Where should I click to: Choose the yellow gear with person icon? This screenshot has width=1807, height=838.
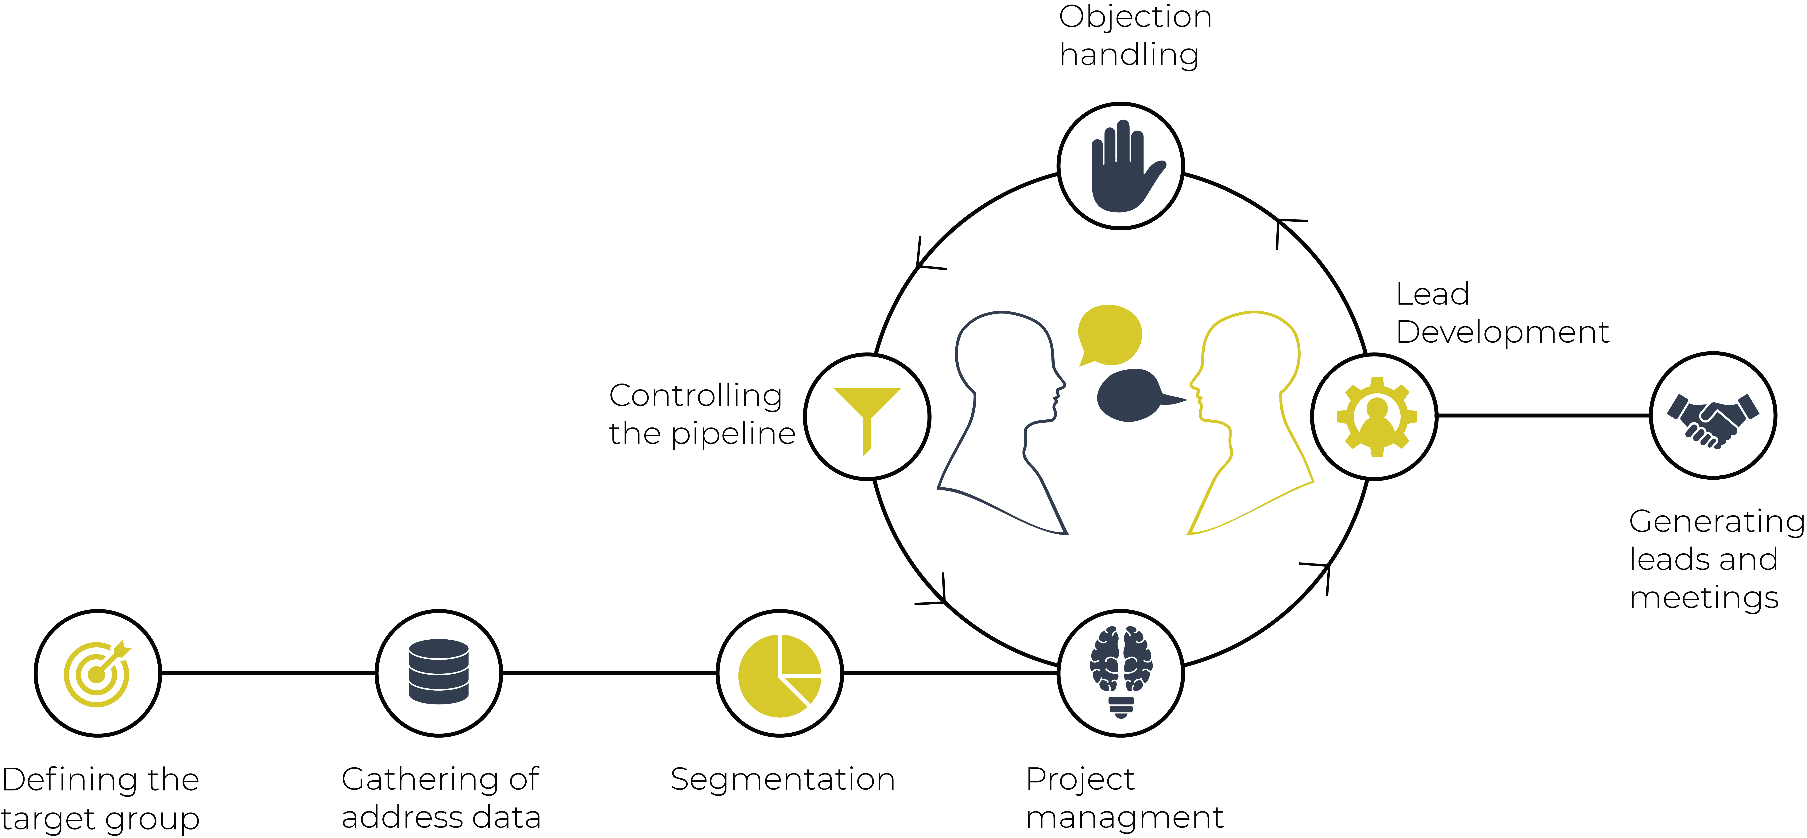[1376, 416]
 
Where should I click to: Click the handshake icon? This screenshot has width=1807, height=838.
[1713, 420]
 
